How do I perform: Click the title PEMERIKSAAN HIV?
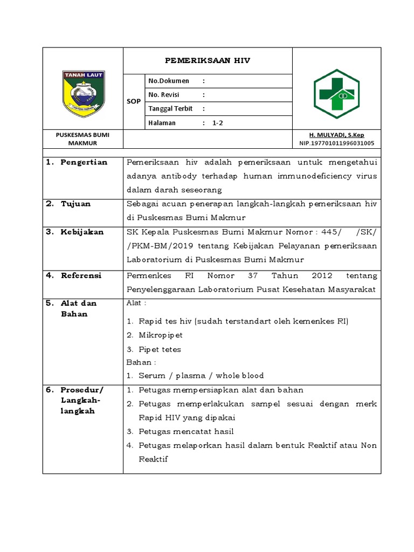[208, 61]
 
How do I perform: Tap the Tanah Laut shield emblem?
[84, 94]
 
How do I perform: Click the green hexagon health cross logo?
[337, 94]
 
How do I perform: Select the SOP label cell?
[134, 102]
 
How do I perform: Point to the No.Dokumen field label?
[169, 81]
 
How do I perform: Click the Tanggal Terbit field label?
[170, 108]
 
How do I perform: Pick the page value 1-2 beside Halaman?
[218, 122]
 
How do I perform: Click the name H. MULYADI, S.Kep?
[336, 134]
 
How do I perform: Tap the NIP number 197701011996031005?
[336, 143]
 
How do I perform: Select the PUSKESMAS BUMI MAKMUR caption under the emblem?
[82, 139]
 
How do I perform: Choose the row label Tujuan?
[75, 204]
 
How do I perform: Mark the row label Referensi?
[81, 275]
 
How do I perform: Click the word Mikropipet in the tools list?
[161, 335]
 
